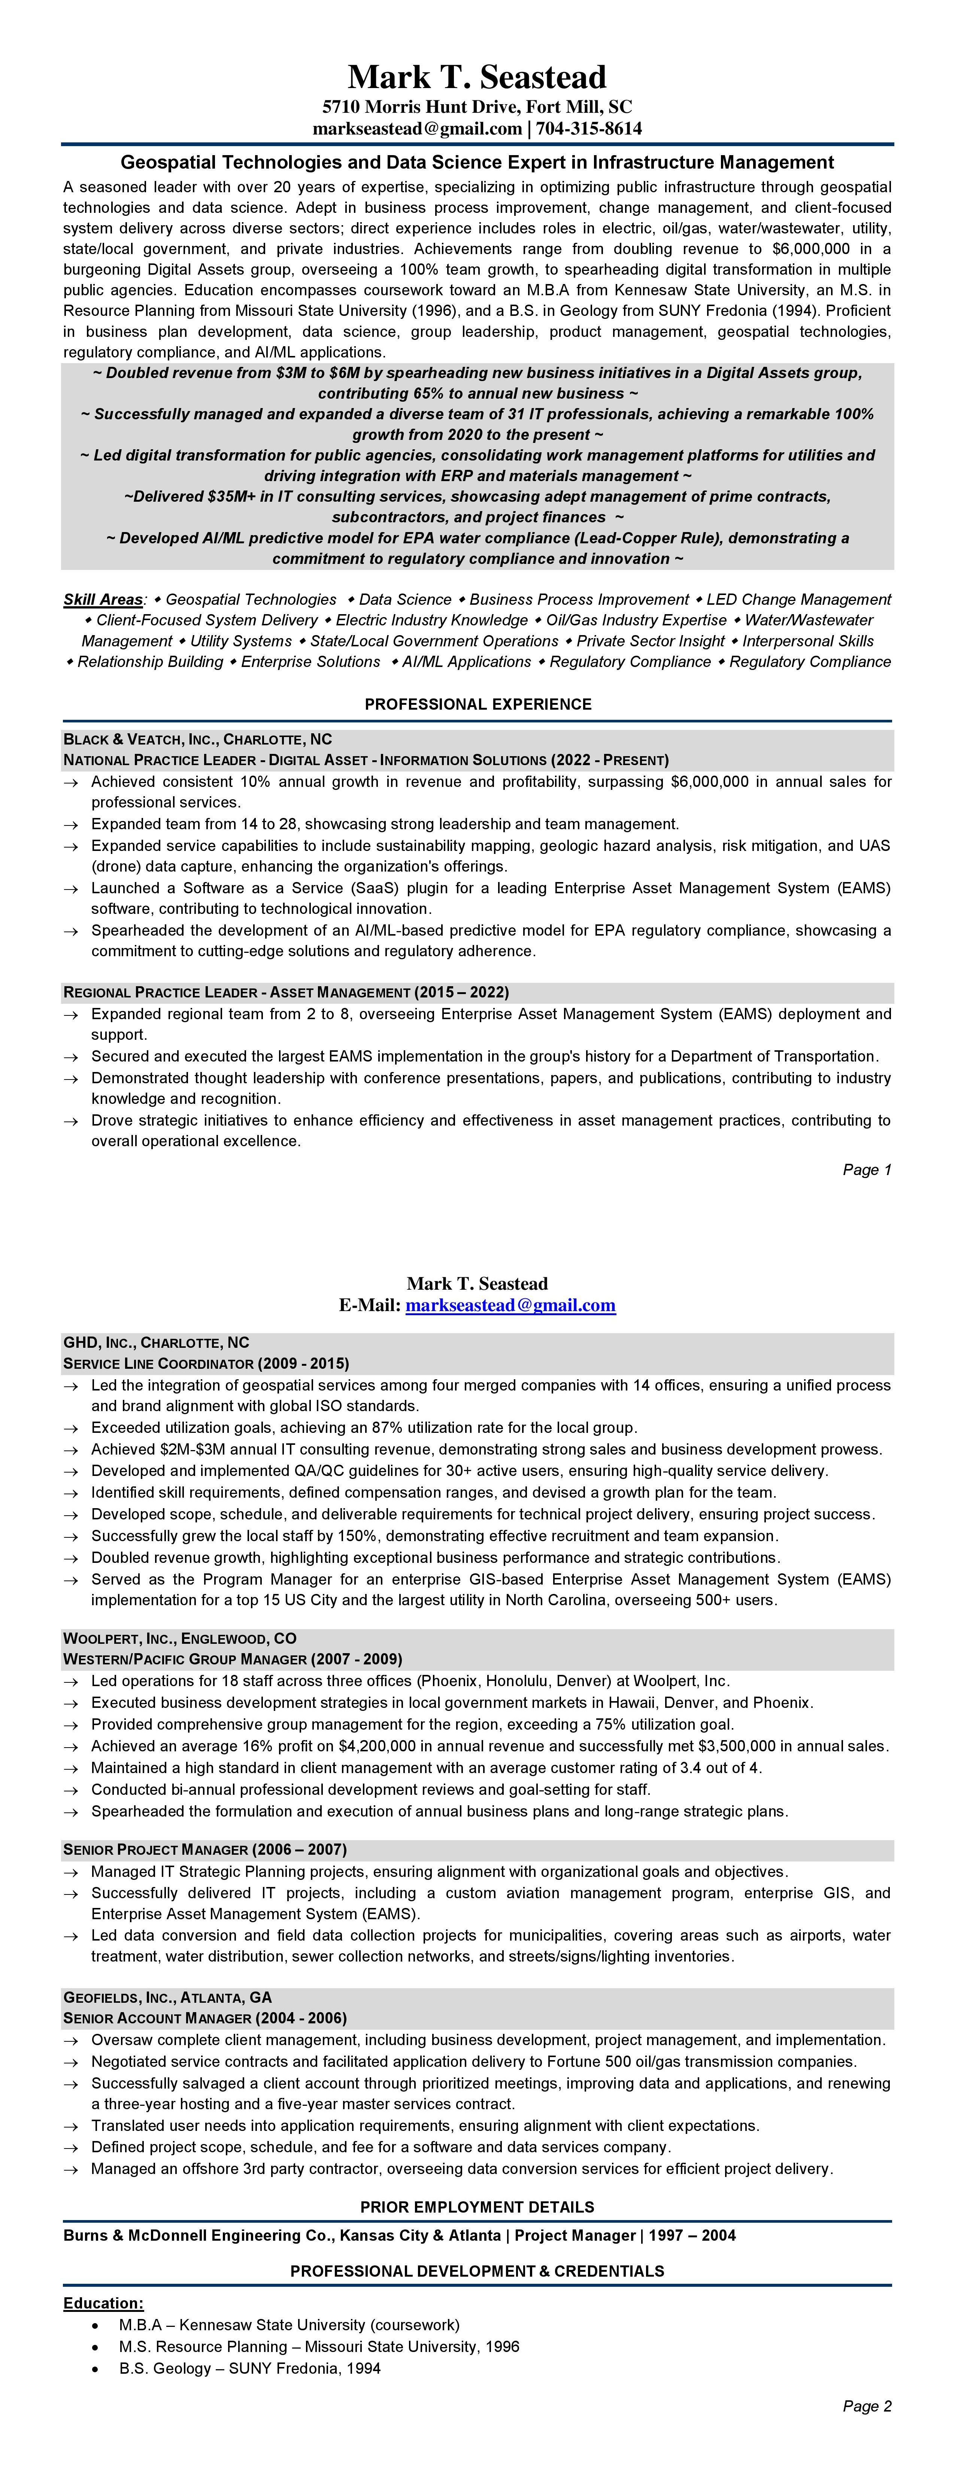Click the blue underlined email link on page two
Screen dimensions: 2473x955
(510, 1305)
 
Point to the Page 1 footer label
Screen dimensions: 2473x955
(867, 1169)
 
